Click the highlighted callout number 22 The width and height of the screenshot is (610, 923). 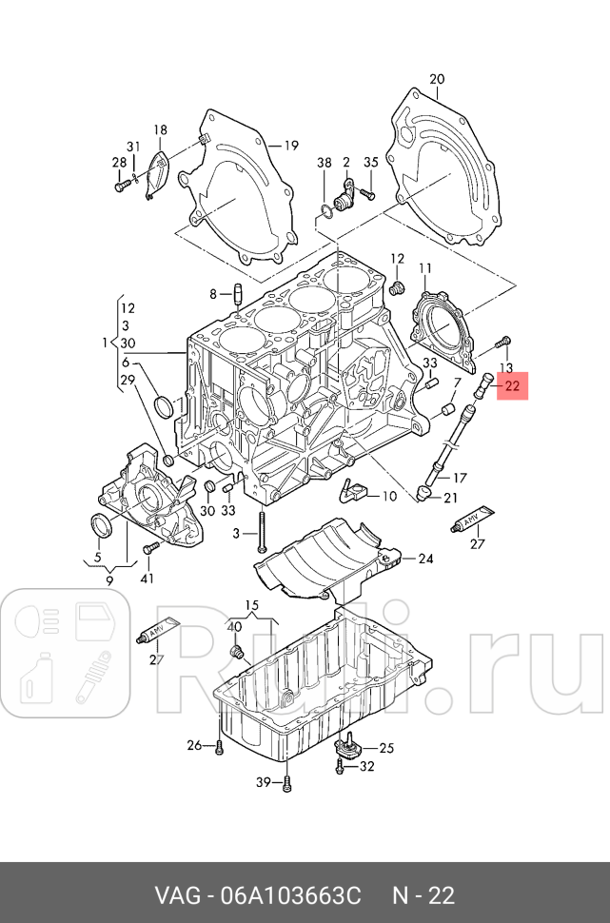512,386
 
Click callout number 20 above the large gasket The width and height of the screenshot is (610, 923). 437,79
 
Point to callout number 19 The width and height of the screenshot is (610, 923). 290,146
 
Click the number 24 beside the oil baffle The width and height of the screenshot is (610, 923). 424,559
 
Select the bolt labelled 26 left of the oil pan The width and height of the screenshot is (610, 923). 219,745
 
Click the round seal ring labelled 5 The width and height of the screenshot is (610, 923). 100,525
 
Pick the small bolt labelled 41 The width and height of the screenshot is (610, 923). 149,549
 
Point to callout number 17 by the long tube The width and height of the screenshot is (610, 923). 460,478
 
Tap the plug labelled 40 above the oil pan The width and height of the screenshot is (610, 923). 238,652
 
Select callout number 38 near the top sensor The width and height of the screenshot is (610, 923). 325,164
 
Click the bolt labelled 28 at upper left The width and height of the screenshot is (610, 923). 121,187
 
